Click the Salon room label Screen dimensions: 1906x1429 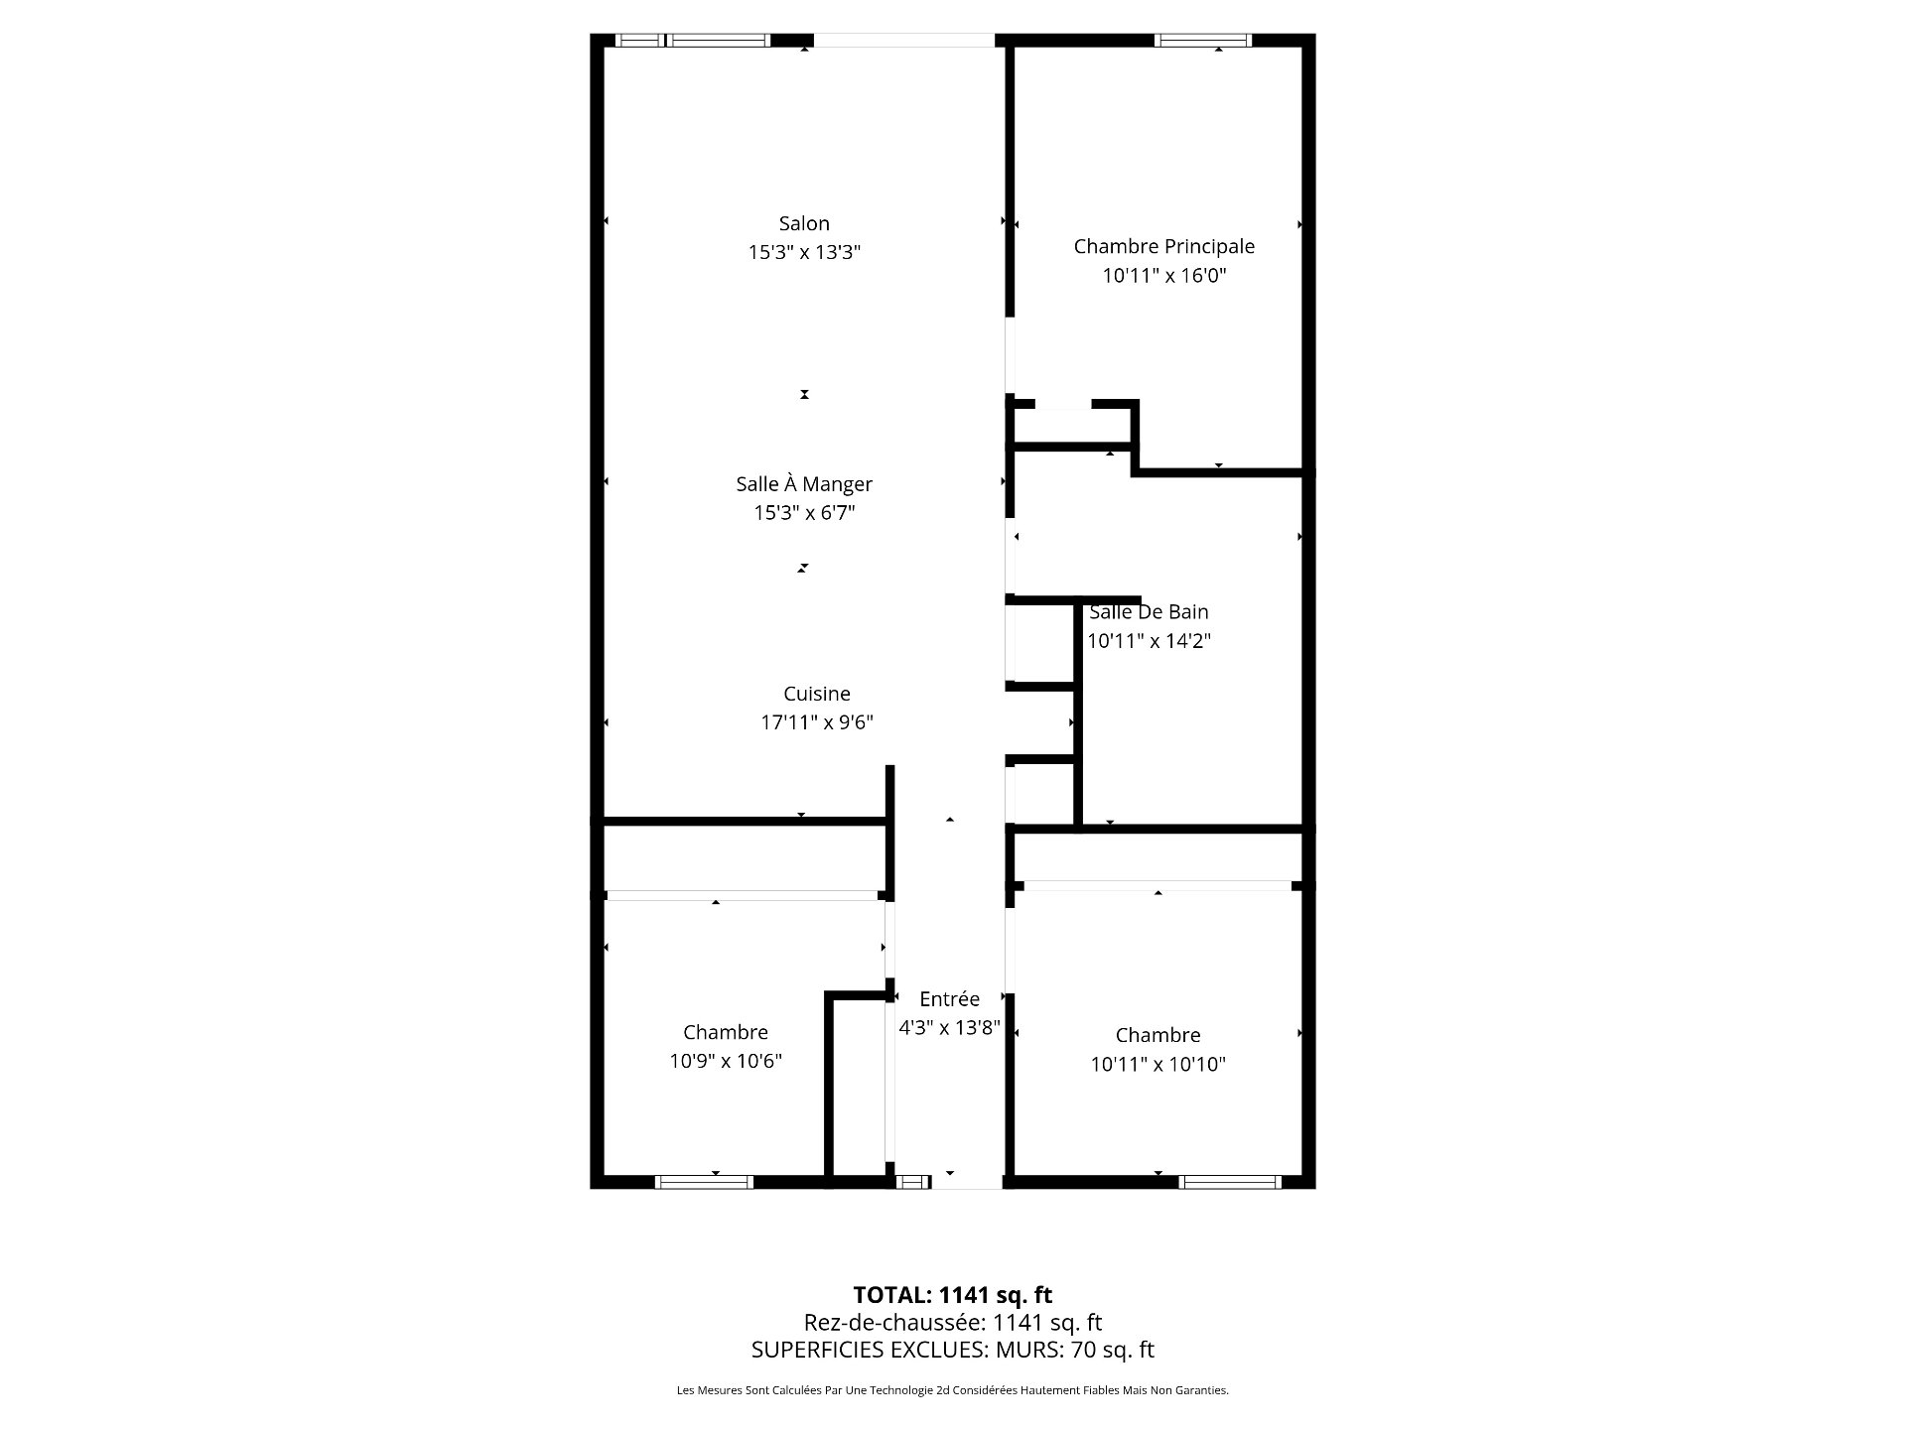[x=804, y=224]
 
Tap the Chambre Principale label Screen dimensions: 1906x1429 [x=1164, y=247]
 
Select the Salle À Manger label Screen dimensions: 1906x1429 [x=804, y=484]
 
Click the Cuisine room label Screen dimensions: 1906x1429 [x=817, y=694]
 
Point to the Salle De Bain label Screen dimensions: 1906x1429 [x=1149, y=612]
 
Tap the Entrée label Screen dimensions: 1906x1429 [x=949, y=999]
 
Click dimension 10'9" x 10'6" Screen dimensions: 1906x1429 [x=726, y=1062]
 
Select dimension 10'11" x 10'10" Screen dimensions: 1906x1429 [x=1158, y=1065]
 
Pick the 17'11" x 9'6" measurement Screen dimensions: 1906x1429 [x=817, y=722]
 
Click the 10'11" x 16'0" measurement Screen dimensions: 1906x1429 [x=1164, y=276]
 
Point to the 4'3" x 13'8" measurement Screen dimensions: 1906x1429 [x=949, y=1028]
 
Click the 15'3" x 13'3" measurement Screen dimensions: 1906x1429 [x=804, y=253]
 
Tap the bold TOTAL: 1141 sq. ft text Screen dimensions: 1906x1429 [x=953, y=1295]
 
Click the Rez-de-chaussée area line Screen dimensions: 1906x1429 [x=953, y=1323]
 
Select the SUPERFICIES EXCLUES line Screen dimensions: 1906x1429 [x=953, y=1350]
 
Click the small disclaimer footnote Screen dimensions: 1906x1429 [x=953, y=1390]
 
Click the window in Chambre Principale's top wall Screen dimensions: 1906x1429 [x=1203, y=41]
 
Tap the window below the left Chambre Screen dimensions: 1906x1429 [x=704, y=1182]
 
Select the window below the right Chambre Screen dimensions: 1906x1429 [x=1230, y=1182]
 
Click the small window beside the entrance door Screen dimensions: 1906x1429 [x=912, y=1182]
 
